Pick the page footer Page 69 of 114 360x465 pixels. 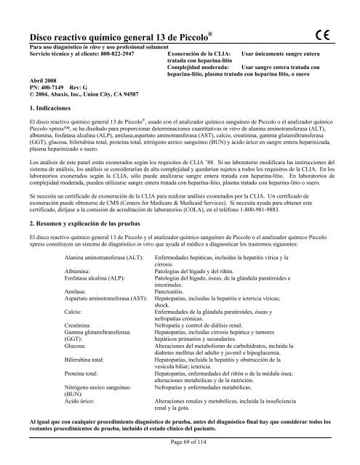click(x=180, y=442)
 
